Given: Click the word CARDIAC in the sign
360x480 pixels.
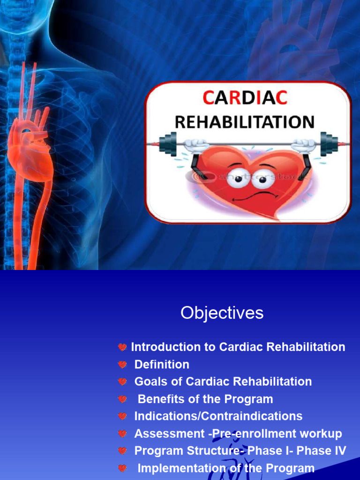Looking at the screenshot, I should pos(245,98).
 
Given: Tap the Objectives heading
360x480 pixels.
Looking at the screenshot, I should pos(222,313).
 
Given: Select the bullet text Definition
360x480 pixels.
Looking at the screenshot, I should pos(162,364).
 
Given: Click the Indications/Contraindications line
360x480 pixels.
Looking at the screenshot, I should pos(218,416).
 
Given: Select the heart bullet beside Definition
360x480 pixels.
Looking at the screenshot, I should pos(122,365).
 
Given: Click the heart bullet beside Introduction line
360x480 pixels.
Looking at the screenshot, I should pos(122,347).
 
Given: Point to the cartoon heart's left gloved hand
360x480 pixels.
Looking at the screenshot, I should pos(194,146).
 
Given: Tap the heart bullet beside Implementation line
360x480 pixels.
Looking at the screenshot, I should pos(122,468).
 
